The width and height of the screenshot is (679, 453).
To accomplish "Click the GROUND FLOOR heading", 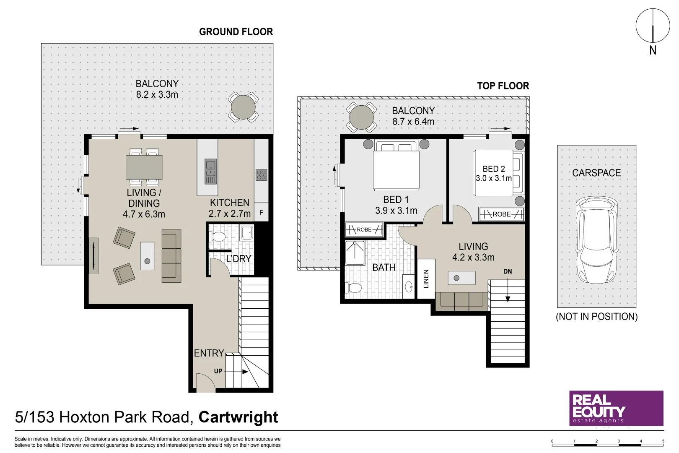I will click(x=236, y=32).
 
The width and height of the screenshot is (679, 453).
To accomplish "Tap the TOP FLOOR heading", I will click(x=503, y=86).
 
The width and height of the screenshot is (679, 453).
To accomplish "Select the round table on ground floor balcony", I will click(x=243, y=107).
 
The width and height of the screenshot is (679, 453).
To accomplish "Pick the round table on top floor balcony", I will click(x=361, y=117).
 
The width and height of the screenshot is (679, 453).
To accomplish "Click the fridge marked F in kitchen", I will click(x=261, y=213).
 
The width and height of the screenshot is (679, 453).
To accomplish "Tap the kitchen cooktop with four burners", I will click(x=261, y=174).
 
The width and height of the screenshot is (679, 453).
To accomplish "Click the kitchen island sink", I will click(x=210, y=169).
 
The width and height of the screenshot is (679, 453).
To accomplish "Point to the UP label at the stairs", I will click(x=218, y=371).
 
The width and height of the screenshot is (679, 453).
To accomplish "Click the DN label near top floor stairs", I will click(x=508, y=271).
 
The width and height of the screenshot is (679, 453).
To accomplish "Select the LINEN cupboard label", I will click(x=426, y=279).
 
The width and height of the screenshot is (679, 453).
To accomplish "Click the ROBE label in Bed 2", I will click(x=501, y=214).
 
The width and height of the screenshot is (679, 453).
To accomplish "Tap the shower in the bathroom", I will click(x=355, y=253).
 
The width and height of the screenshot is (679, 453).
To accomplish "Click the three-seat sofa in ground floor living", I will click(x=171, y=255).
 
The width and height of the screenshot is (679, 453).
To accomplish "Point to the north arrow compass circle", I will click(x=653, y=26).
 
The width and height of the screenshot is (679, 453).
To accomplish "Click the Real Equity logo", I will click(x=616, y=408).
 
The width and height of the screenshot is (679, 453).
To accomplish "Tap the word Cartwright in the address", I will click(x=238, y=417).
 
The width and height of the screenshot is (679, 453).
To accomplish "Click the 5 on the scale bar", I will click(x=663, y=441).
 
